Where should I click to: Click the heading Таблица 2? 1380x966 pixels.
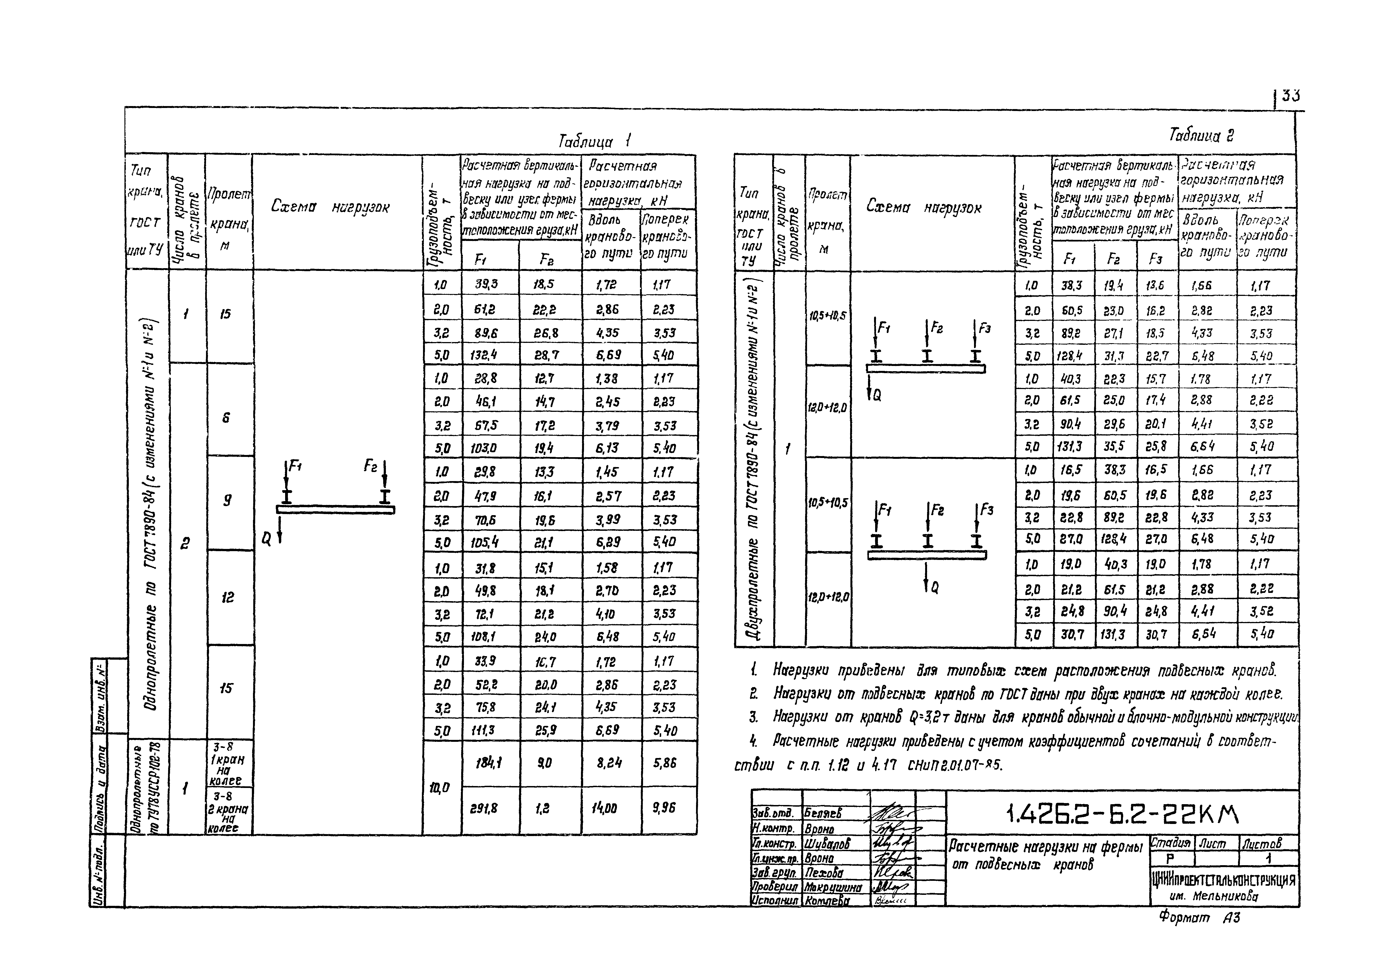click(1201, 135)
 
